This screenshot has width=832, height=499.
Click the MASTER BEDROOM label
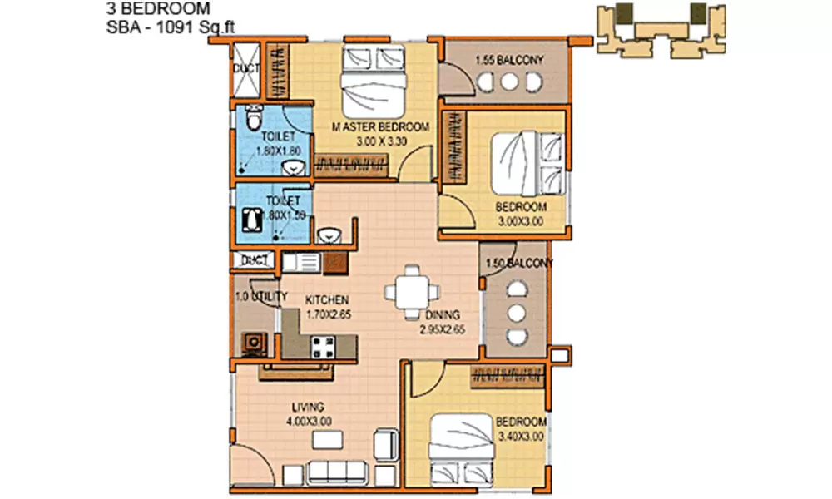(380, 127)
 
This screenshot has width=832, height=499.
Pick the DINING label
(442, 316)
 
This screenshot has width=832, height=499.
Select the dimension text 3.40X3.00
(520, 435)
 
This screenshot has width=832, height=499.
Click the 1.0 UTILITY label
(260, 296)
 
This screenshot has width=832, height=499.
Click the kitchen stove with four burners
(324, 348)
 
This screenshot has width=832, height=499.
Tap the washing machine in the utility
(251, 343)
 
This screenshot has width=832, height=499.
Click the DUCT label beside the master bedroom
(245, 67)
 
